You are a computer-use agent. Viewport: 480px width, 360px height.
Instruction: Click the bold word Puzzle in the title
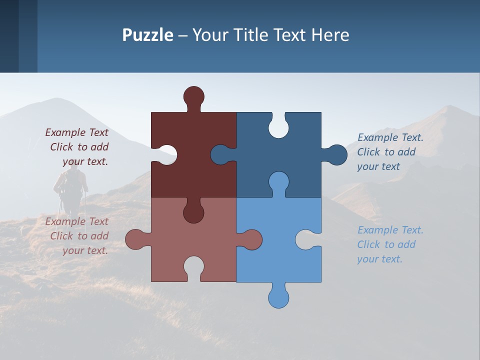pyautogui.click(x=147, y=35)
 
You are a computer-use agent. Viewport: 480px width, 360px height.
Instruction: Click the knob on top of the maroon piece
pyautogui.click(x=193, y=96)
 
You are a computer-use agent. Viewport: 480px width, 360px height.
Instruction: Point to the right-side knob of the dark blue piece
pyautogui.click(x=336, y=155)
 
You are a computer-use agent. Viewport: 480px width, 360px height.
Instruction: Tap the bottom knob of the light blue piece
pyautogui.click(x=278, y=297)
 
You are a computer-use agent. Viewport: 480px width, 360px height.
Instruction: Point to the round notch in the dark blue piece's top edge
pyautogui.click(x=278, y=125)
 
